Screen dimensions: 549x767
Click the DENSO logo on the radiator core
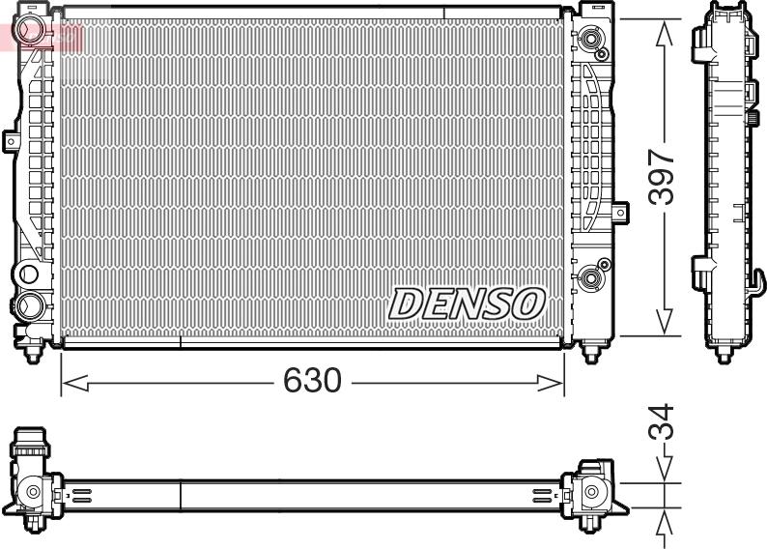point(466,303)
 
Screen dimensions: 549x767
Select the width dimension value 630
point(312,381)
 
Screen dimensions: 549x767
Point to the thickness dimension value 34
point(662,423)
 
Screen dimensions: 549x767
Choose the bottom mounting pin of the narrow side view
point(723,355)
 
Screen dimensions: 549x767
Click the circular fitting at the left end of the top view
point(33,492)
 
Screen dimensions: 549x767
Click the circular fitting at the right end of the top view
point(590,495)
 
